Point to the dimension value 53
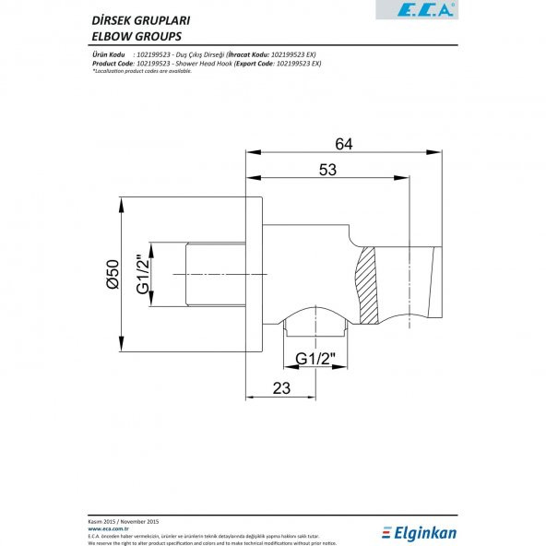(326, 170)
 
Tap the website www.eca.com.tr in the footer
(101, 528)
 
